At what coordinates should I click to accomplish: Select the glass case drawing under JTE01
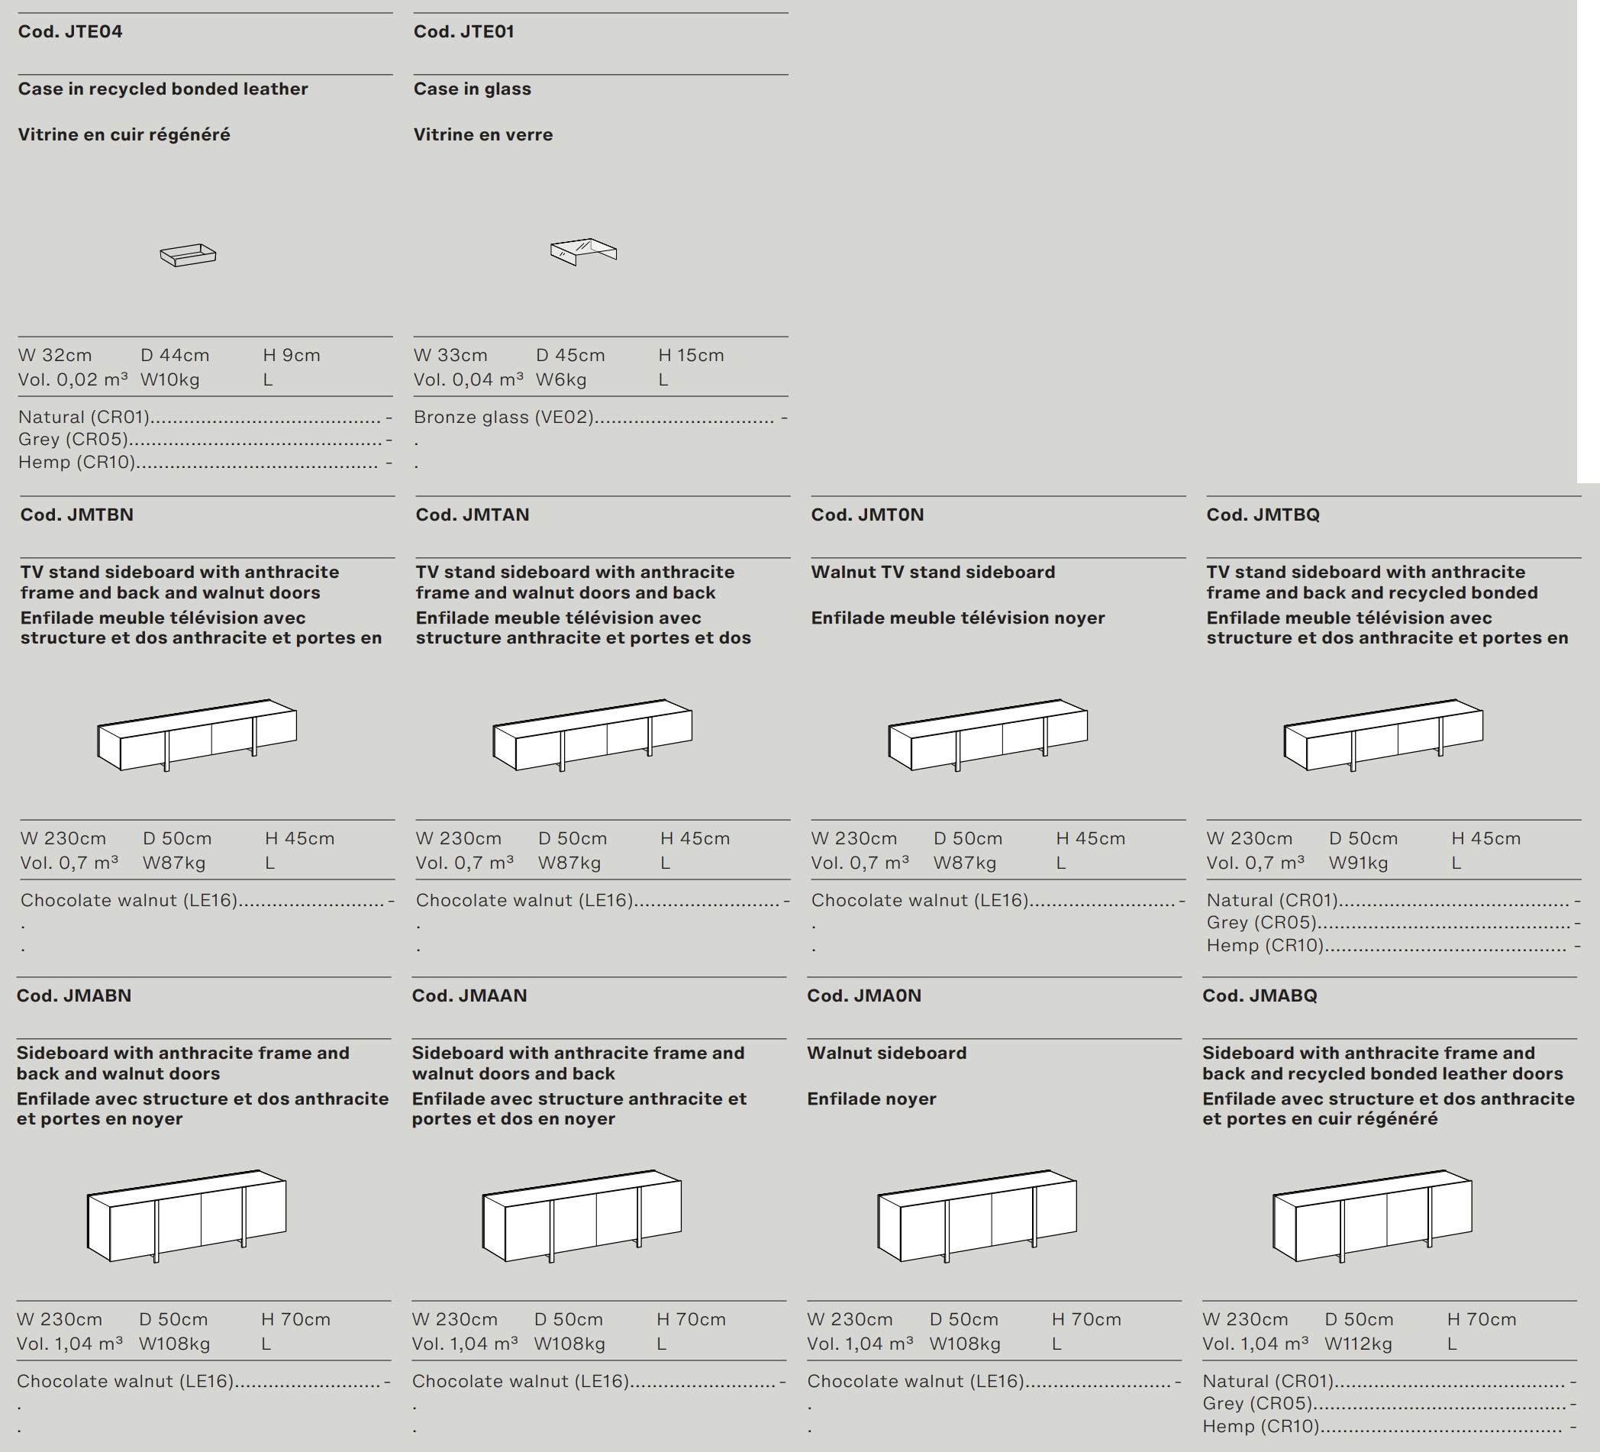point(583,252)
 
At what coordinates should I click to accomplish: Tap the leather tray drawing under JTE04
point(188,255)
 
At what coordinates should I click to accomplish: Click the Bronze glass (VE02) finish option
point(504,418)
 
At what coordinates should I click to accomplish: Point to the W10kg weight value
point(169,380)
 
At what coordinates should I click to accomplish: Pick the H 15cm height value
point(691,356)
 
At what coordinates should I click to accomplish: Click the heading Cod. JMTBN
point(77,515)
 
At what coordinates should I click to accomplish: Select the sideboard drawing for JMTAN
point(592,735)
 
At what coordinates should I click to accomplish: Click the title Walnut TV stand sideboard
point(933,573)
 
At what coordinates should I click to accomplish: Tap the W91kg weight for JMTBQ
point(1358,863)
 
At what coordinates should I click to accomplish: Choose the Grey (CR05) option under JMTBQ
point(1261,922)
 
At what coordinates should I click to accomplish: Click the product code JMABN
point(74,996)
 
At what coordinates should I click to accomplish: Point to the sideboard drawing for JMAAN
point(582,1215)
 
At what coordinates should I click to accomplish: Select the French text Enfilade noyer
point(872,1099)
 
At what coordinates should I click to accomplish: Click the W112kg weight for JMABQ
point(1358,1344)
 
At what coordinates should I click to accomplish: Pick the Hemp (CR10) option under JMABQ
point(1260,1427)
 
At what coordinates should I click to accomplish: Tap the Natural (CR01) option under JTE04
point(84,418)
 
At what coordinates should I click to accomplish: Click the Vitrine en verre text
point(482,135)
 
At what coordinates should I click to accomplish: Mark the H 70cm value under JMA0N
point(1085,1319)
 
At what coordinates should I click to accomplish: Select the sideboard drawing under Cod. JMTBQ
point(1383,735)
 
